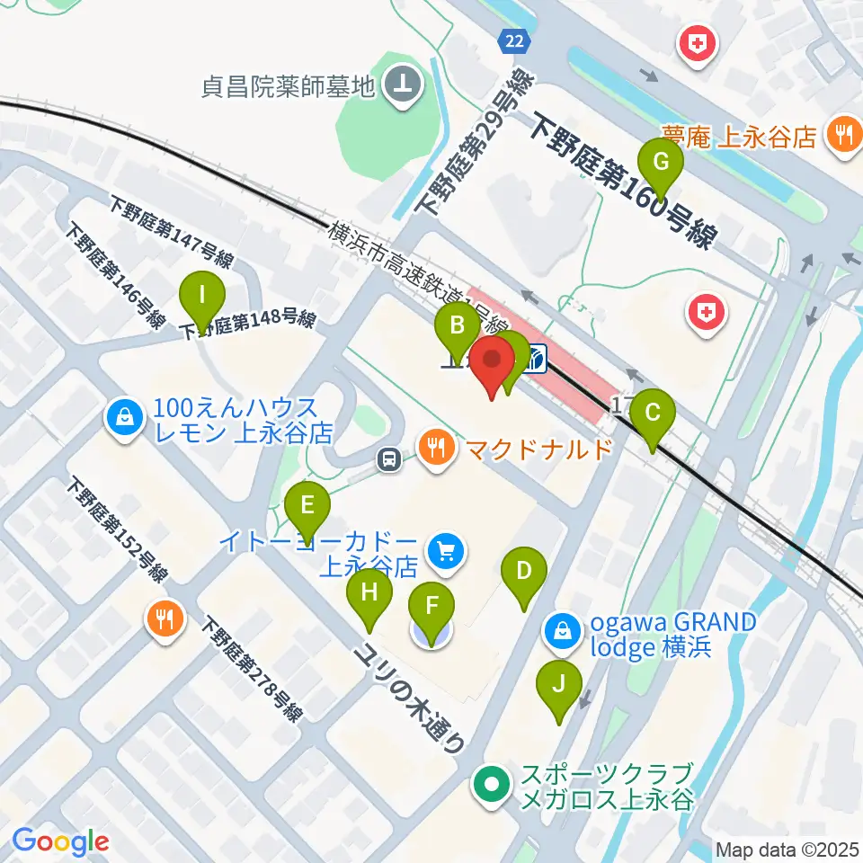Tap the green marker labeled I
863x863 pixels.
point(202,295)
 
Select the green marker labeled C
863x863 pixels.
point(653,414)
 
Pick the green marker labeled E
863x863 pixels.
point(307,505)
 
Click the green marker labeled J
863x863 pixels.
point(559,685)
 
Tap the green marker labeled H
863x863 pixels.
point(369,593)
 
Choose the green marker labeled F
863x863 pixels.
point(432,607)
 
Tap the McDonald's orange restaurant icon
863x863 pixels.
point(436,447)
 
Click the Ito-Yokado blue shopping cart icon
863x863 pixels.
point(447,548)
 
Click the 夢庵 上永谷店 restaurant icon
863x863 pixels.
point(843,136)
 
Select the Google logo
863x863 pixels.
point(60,841)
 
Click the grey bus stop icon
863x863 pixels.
point(389,460)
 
